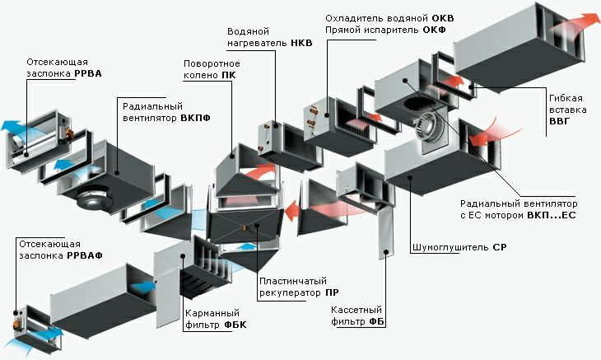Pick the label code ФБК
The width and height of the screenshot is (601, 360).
(x=234, y=325)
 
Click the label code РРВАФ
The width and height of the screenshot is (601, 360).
(x=85, y=255)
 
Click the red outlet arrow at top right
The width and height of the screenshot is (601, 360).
(x=586, y=20)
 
